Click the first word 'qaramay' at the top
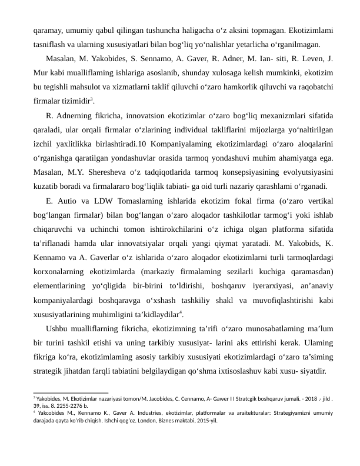pyautogui.click(x=47, y=31)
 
